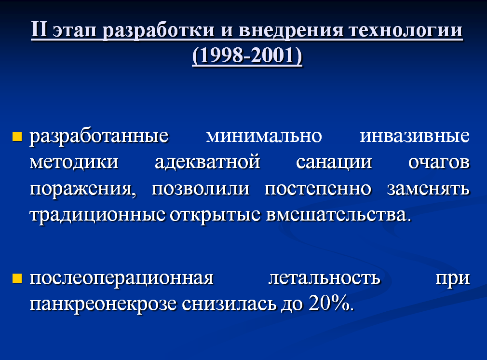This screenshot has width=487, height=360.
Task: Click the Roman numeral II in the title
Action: [39, 30]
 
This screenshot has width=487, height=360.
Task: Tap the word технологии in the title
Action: [405, 31]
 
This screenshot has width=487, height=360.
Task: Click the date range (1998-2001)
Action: [247, 55]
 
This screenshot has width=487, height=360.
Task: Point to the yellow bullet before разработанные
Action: [17, 137]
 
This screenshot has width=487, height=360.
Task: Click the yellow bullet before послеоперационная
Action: [17, 278]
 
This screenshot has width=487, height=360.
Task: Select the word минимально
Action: [264, 136]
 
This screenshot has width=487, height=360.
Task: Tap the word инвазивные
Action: [415, 136]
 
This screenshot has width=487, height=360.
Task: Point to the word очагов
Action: [439, 162]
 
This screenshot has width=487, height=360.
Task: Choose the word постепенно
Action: [318, 189]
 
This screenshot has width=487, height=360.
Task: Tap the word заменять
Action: [428, 189]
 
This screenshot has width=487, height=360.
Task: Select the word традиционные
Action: [97, 215]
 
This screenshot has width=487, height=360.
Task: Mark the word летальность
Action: [324, 277]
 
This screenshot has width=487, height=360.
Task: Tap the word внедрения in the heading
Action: [291, 31]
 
